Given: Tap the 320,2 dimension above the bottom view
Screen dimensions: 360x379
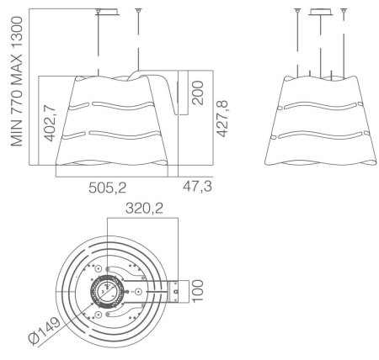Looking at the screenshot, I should (144, 206).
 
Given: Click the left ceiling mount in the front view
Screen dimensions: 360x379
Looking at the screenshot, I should (102, 12).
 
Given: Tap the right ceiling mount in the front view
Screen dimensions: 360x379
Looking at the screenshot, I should (138, 12).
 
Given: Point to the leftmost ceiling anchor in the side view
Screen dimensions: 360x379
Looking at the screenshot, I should (296, 11).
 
